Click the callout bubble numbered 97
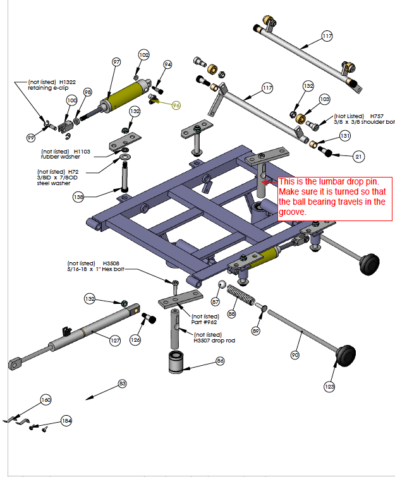pos(116,62)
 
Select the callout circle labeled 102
pos(143,56)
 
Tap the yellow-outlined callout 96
pos(176,105)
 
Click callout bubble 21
pos(359,155)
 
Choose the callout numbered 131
pos(344,136)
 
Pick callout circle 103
pos(324,99)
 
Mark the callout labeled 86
pos(220,361)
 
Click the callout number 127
pos(115,341)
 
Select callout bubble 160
pos(46,399)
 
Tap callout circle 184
pos(67,420)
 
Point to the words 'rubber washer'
pos(58,157)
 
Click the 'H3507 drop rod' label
pos(214,341)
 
